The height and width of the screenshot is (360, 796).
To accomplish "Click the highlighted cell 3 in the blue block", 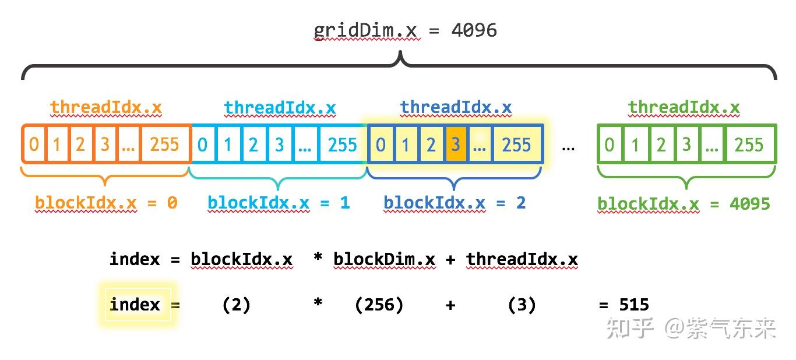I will pyautogui.click(x=455, y=144).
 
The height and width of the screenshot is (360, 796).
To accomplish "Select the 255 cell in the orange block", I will pyautogui.click(x=164, y=144).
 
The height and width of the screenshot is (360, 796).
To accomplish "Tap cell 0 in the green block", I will pyautogui.click(x=609, y=144).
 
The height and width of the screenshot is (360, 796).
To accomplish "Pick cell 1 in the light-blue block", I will pyautogui.click(x=228, y=144).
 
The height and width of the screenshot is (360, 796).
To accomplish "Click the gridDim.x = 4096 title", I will pyautogui.click(x=405, y=30).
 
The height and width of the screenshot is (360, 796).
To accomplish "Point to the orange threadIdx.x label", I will pyautogui.click(x=105, y=108).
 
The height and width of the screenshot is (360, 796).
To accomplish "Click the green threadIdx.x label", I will pyautogui.click(x=684, y=108).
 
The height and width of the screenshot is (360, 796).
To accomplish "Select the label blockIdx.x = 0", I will pyautogui.click(x=106, y=203).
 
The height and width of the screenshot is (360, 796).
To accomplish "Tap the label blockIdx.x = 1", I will pyautogui.click(x=279, y=203).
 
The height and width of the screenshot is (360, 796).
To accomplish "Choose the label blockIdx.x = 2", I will pyautogui.click(x=455, y=203).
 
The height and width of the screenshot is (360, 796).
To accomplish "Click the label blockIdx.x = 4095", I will pyautogui.click(x=684, y=204).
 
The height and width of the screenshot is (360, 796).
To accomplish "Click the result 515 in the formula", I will pyautogui.click(x=633, y=304).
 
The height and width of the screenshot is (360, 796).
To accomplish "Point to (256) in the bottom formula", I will pyautogui.click(x=379, y=304).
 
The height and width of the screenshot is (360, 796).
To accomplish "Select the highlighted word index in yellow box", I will pyautogui.click(x=135, y=304).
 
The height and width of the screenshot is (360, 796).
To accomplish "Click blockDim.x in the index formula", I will pyautogui.click(x=384, y=259).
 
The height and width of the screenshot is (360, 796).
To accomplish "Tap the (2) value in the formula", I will pyautogui.click(x=236, y=304).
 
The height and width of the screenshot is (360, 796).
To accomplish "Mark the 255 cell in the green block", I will pyautogui.click(x=749, y=144).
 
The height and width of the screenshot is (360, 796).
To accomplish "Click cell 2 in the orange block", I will pyautogui.click(x=80, y=144).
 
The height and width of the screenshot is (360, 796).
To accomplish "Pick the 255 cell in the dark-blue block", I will pyautogui.click(x=517, y=144).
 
